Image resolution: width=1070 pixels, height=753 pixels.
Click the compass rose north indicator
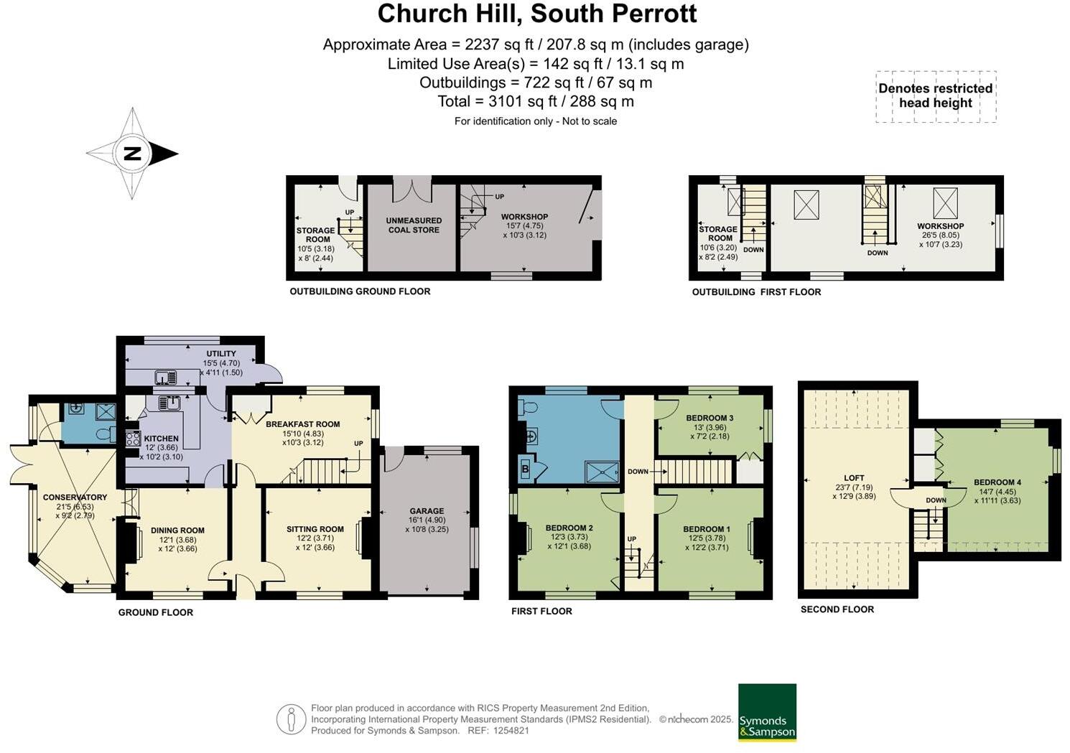point(132,153)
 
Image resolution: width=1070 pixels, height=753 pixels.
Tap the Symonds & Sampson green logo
point(767,711)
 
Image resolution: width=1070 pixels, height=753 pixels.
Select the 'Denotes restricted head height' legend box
point(936,96)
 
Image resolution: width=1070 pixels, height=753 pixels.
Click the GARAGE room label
point(427,511)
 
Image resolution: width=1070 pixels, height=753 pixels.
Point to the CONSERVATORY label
point(75,497)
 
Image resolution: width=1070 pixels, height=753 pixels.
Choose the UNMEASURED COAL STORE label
point(414,225)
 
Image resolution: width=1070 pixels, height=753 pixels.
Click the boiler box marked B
point(524,470)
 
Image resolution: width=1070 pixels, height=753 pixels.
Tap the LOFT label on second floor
point(854,477)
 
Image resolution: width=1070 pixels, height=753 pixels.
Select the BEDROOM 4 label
point(997,482)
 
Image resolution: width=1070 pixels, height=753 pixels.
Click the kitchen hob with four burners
point(133,438)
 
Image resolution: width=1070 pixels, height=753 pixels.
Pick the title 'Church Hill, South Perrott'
point(536,14)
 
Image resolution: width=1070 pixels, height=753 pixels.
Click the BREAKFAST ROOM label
point(302,424)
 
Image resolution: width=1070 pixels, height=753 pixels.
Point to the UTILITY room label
point(221,354)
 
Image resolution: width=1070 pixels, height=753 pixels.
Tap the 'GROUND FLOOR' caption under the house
point(156,612)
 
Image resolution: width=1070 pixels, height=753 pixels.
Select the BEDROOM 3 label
point(710,418)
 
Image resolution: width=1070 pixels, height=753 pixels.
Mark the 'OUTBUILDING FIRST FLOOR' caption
point(756,292)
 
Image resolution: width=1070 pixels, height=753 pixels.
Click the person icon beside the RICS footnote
point(291,719)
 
